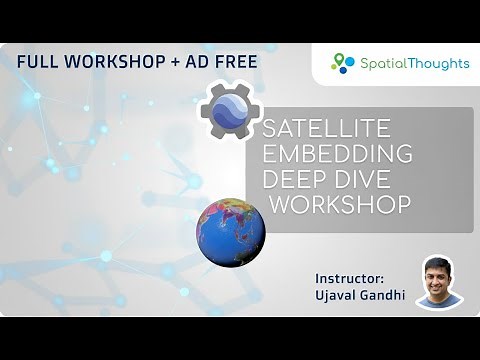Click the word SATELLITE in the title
[x=325, y=132]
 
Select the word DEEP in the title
[x=293, y=181]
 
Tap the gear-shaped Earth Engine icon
[x=232, y=111]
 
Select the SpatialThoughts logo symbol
[x=343, y=63]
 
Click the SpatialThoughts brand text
[x=413, y=63]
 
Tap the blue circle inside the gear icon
[x=232, y=111]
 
